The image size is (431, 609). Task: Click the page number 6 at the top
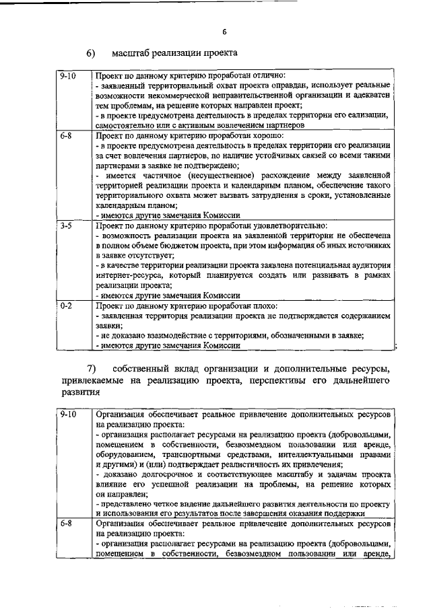(x=225, y=31)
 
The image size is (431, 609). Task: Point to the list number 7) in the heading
(x=92, y=368)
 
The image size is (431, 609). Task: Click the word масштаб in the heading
(x=133, y=53)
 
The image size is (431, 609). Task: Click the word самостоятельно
(x=127, y=125)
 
